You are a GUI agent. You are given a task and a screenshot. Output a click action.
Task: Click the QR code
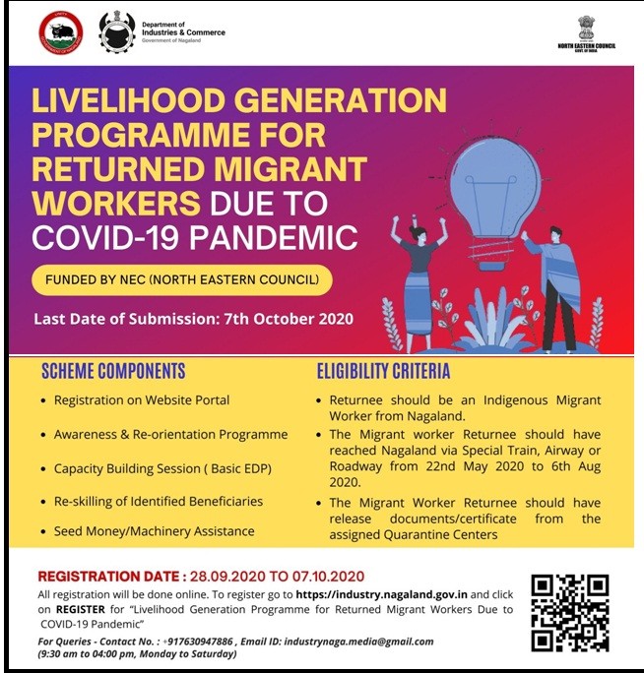point(570,611)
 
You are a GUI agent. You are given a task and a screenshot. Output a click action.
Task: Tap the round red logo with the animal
point(61,32)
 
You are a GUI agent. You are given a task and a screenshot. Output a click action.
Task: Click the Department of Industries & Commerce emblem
point(118,32)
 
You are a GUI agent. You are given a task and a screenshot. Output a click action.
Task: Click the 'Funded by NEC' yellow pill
point(182,280)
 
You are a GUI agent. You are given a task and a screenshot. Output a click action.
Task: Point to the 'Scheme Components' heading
point(113,371)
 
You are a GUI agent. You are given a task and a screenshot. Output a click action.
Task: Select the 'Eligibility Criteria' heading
point(383,371)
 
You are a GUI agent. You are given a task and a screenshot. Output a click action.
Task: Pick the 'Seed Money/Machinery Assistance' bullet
point(155,531)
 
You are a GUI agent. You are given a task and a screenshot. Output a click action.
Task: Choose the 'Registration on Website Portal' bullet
point(142,400)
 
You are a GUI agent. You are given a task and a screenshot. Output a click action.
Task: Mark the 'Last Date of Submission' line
point(193,319)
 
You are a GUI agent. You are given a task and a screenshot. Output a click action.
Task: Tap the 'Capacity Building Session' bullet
point(162,467)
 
